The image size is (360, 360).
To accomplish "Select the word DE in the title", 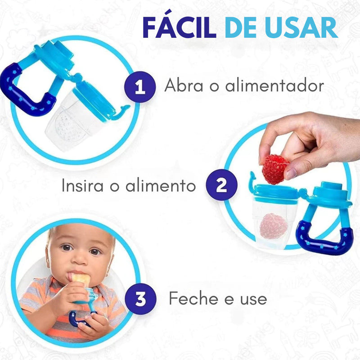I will point(243,27).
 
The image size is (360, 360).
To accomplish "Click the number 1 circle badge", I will point(140,86).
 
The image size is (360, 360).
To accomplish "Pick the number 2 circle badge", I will point(221,185).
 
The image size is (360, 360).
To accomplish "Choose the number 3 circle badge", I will point(140,298).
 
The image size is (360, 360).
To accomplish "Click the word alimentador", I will point(274,85).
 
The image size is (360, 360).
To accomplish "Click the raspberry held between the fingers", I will point(275,169).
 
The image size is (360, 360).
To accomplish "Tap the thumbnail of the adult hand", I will point(291,173).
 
